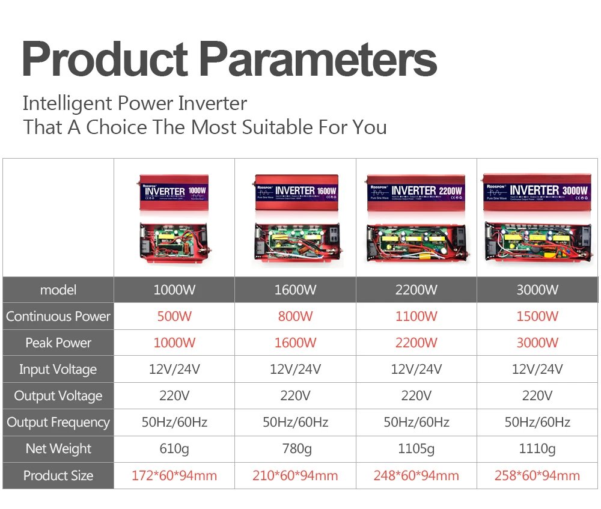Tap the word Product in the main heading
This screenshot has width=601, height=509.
(105, 59)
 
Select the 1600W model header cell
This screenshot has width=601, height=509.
(295, 290)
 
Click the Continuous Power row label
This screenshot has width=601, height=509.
(58, 316)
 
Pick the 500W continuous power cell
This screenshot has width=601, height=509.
(174, 316)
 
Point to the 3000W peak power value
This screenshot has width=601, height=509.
(537, 343)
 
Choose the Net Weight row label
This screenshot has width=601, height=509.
(58, 448)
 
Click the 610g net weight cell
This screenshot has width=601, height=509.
(174, 448)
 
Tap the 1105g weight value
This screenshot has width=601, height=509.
(416, 448)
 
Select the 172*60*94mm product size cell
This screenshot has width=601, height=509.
(174, 476)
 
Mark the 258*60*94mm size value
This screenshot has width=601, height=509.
(537, 476)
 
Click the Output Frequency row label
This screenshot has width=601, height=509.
(58, 422)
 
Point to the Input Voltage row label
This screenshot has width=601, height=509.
(58, 369)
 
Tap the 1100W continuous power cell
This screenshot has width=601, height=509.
(416, 316)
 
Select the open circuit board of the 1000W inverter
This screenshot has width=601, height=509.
(174, 243)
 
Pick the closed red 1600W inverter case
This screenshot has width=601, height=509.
(295, 192)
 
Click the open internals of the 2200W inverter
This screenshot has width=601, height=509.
(416, 243)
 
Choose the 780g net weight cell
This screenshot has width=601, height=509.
(295, 448)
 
